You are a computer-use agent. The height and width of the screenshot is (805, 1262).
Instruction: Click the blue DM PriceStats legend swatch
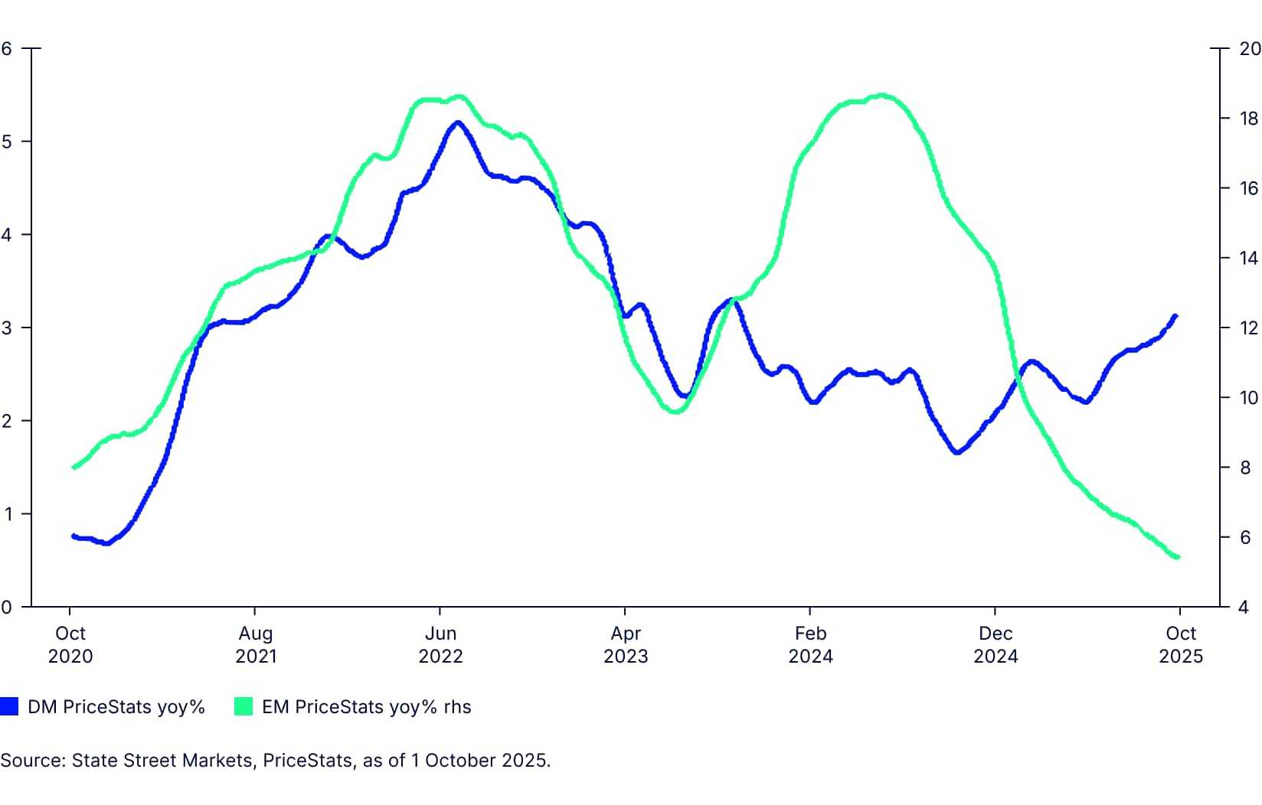9,706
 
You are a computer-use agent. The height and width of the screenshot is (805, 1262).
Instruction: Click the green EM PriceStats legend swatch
244,706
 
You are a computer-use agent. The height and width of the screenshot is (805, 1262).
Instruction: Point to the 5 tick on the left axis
7,142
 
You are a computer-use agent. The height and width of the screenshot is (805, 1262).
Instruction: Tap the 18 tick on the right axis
1249,119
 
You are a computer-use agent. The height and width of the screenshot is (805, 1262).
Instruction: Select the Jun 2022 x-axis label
440,644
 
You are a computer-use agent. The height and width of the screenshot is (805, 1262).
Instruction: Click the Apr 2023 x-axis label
626,644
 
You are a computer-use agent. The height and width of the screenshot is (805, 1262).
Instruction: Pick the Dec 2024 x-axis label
996,644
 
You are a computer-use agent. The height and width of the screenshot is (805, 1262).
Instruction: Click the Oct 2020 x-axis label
70,644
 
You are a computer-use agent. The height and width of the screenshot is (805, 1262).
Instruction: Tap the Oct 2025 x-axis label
1181,644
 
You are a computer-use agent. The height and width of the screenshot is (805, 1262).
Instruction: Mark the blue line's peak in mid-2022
458,122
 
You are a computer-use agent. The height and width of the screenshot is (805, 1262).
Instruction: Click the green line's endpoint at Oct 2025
1177,557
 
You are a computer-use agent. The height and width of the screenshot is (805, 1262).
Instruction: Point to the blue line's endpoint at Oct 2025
1175,315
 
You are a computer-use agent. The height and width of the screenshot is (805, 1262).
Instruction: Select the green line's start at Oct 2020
74,467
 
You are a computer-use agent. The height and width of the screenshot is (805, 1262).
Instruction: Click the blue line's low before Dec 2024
956,452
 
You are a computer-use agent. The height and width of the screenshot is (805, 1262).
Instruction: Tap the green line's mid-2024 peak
882,96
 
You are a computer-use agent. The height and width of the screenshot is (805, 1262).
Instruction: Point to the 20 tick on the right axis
1249,48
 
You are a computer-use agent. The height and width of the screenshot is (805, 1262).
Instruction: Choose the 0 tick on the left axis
7,607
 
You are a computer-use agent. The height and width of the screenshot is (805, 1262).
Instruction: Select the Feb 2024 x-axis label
810,644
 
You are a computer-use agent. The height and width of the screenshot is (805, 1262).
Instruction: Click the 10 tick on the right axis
1249,397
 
